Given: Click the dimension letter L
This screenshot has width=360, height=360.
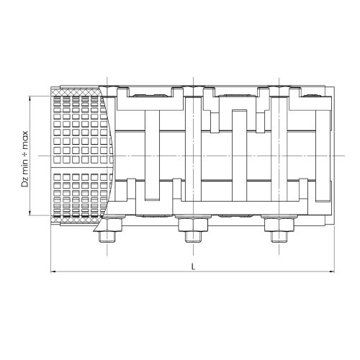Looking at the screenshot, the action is point(193,266).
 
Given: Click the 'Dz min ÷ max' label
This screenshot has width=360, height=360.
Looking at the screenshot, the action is point(25,159).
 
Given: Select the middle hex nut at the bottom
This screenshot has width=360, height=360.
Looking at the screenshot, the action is point(193,225).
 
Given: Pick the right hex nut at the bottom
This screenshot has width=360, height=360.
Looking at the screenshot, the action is point(279,225).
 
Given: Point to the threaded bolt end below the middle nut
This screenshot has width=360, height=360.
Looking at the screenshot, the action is point(193,238).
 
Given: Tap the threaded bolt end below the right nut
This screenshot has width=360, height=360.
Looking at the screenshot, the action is point(279,238).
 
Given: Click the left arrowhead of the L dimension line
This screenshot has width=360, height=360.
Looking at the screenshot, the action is point(53,271).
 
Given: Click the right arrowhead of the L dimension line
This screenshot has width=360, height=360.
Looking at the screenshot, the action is point(332,271).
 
